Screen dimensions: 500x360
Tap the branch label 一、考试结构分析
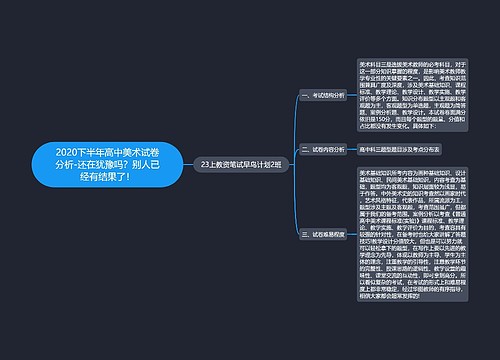321,96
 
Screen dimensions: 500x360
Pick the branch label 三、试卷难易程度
321,233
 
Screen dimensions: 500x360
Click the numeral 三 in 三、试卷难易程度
302,233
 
